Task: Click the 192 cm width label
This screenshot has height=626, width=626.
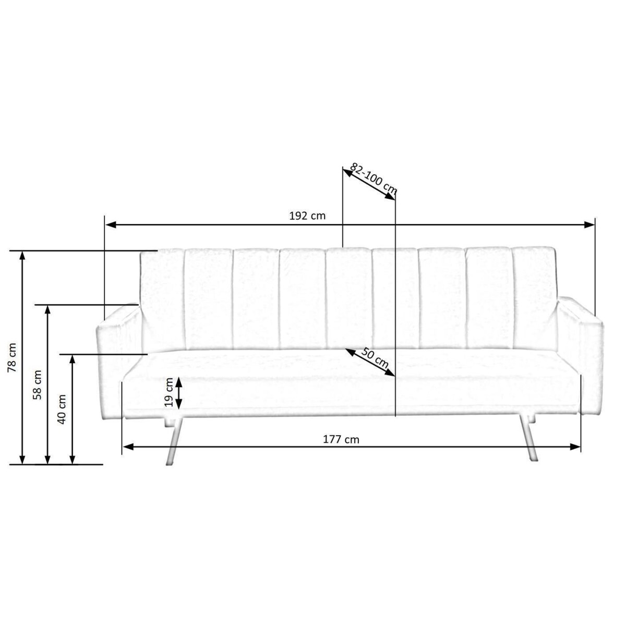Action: coord(307,215)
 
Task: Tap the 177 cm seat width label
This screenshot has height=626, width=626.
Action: coord(341,440)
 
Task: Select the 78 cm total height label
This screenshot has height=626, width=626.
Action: coord(11,357)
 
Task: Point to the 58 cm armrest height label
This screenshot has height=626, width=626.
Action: coord(38,384)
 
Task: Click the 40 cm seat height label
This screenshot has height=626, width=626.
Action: coord(62,410)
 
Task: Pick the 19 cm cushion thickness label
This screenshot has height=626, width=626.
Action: coord(169,392)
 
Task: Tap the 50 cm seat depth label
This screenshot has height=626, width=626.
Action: coord(375,358)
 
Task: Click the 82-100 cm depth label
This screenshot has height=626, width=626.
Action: coord(374,179)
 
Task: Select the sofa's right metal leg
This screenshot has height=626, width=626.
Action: coord(528,439)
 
